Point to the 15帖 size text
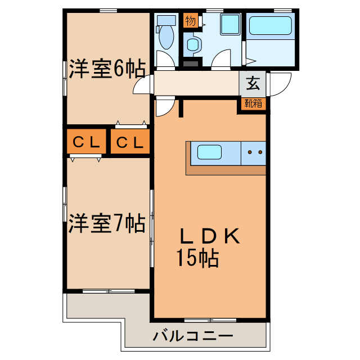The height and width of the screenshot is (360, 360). point(197,258)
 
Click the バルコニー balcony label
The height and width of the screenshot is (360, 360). point(193,337)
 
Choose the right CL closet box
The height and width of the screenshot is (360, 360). point(130,143)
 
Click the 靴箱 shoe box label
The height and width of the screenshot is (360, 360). point(253,103)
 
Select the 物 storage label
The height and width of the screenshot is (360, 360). point(190,21)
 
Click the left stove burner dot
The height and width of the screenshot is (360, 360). point(250,152)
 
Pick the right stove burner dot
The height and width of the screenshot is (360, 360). point(260,152)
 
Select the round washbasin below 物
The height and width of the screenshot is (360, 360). point(193,44)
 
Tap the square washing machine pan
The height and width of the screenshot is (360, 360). point(230,25)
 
